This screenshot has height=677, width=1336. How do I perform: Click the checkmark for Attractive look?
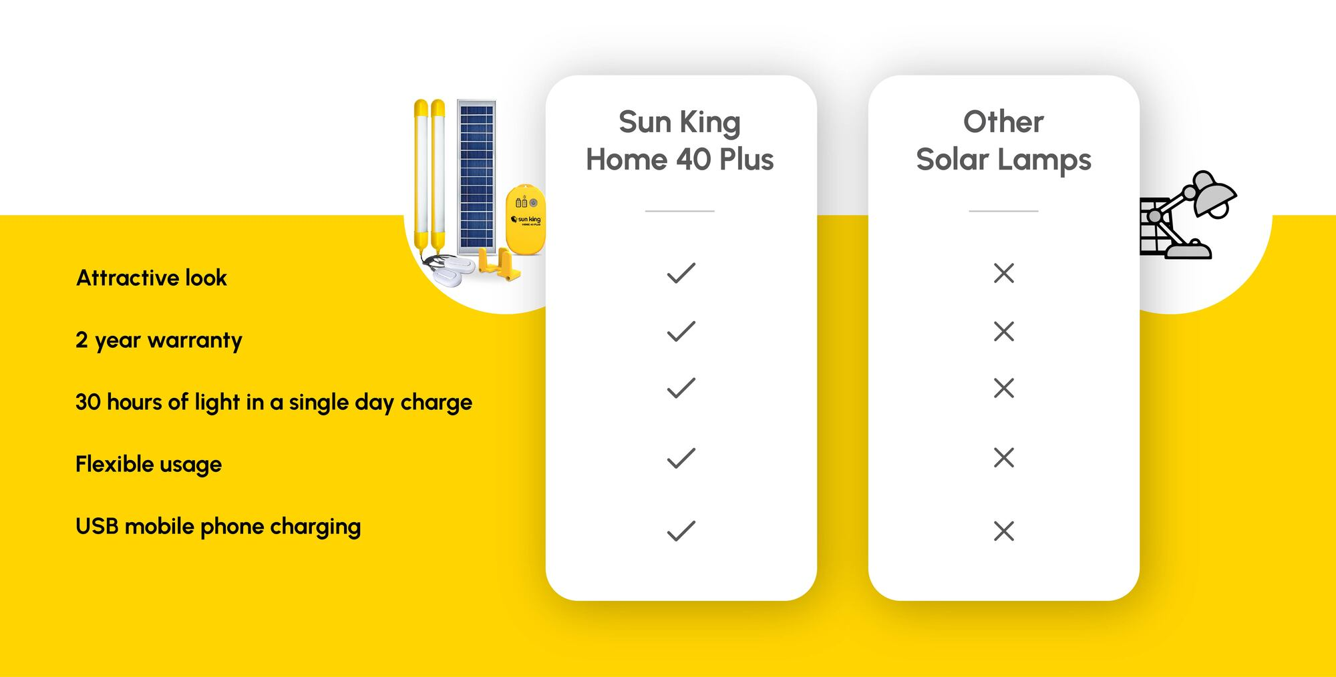[x=681, y=273]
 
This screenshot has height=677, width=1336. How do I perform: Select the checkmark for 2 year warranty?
[x=681, y=331]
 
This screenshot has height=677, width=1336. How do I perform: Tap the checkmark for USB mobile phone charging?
[x=681, y=531]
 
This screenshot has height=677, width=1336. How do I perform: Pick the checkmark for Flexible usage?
[x=681, y=458]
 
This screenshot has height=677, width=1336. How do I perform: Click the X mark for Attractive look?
[x=1003, y=273]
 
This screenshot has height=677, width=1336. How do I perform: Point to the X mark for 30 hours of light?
[x=1003, y=388]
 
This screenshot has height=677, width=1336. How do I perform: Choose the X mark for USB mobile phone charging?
[x=1003, y=531]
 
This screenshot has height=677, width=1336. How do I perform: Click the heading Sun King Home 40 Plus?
[x=679, y=141]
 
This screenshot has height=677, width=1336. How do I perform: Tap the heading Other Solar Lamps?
[x=1003, y=141]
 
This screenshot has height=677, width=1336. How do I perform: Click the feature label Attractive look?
[x=152, y=278]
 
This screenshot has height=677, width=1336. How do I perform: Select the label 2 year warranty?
[x=158, y=341]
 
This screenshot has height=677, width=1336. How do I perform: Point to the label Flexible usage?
[x=148, y=465]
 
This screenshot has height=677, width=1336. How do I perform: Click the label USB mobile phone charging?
[x=218, y=527]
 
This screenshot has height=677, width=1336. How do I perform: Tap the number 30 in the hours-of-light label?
[x=88, y=402]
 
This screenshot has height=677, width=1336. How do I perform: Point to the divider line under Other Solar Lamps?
[x=1003, y=211]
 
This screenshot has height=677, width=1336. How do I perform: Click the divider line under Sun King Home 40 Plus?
[x=679, y=211]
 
